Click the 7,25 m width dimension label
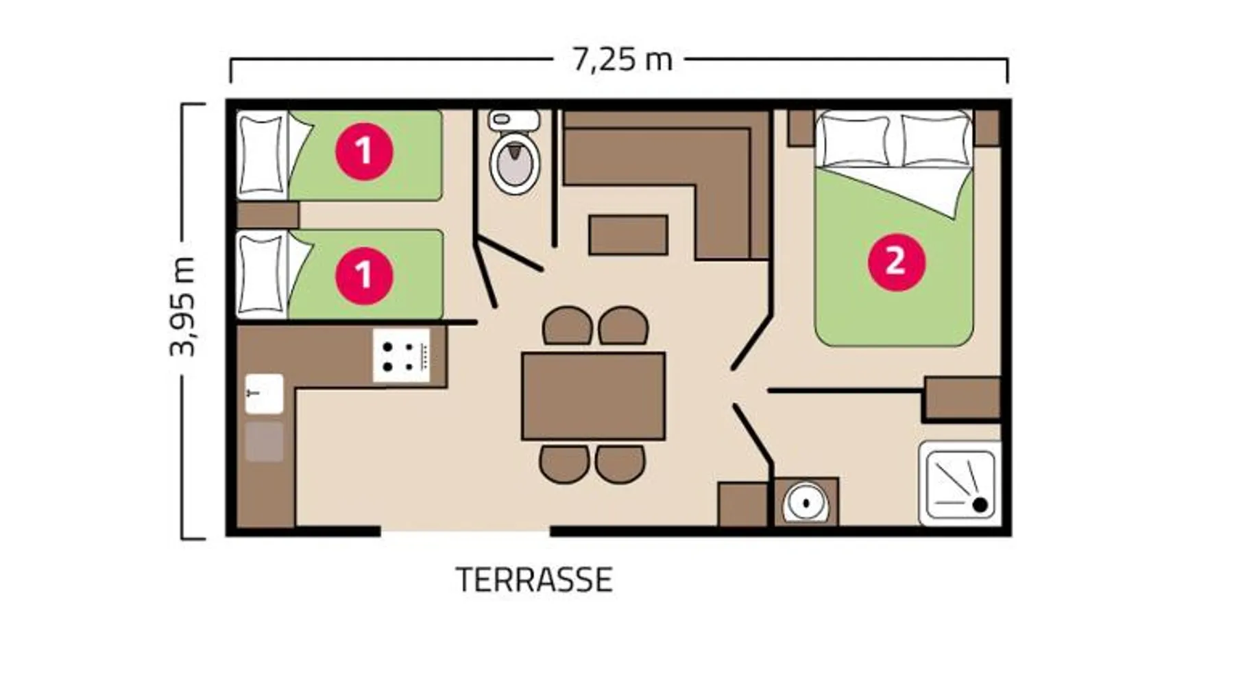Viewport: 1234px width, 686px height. pos(622,60)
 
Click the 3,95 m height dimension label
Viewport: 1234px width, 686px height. pos(183,307)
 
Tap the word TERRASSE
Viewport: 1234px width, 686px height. pos(534,580)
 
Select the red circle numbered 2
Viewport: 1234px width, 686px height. pos(896,261)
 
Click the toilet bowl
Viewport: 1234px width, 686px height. pos(514,162)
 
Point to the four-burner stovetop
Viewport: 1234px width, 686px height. pos(402,355)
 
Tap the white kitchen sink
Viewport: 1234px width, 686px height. pos(264,394)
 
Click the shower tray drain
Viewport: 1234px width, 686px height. pos(980,505)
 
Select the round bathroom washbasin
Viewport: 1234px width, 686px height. pos(806,501)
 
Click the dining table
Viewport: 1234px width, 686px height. pos(593,396)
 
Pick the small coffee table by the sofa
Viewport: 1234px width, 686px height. pos(628,235)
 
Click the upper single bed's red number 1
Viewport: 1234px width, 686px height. pos(364,151)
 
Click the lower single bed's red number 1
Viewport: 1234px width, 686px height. pos(364,275)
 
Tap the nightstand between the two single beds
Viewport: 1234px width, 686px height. pos(268,215)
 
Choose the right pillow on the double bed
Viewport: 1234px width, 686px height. pos(935,140)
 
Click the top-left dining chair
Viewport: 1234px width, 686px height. pos(568,326)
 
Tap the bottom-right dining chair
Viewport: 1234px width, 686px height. pos(620,464)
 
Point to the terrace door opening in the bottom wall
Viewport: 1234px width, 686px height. pos(465,531)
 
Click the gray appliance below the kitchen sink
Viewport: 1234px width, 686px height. pos(264,441)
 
